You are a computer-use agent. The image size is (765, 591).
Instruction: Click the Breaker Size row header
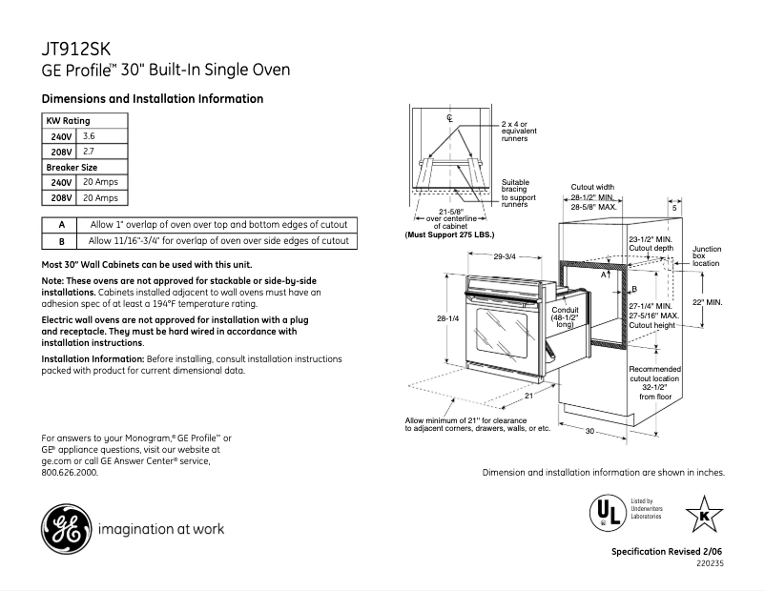tap(72, 167)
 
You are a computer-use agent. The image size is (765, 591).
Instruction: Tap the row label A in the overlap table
tap(61, 225)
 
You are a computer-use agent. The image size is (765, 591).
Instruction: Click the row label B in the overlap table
tap(61, 241)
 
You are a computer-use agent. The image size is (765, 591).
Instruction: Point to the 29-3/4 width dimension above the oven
tap(505, 255)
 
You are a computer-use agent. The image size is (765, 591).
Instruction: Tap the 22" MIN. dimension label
tap(709, 302)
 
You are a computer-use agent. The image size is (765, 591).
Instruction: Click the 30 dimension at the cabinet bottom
tap(590, 432)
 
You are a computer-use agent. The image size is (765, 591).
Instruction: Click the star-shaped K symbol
tap(704, 516)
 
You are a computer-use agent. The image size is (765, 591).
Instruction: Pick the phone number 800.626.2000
tap(70, 472)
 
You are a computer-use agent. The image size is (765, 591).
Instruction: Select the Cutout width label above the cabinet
tap(592, 187)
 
